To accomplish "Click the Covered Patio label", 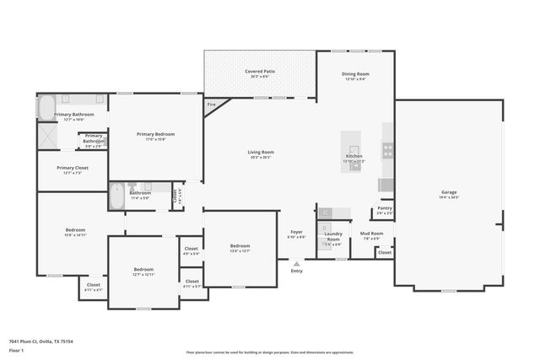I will click(x=260, y=72).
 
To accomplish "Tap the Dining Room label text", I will click(x=354, y=74).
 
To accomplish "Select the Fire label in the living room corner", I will click(x=211, y=105).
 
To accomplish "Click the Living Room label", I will click(x=260, y=153).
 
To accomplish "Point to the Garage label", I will click(x=449, y=192).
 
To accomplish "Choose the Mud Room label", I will click(x=372, y=234).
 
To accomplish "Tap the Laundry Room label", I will click(x=333, y=237).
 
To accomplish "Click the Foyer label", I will click(x=296, y=232).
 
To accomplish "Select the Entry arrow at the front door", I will click(x=296, y=263).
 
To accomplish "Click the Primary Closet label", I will click(x=72, y=168).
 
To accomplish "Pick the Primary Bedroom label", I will click(x=156, y=134).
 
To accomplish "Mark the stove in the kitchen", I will click(x=387, y=151).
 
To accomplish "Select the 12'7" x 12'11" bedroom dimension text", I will click(x=143, y=275).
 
